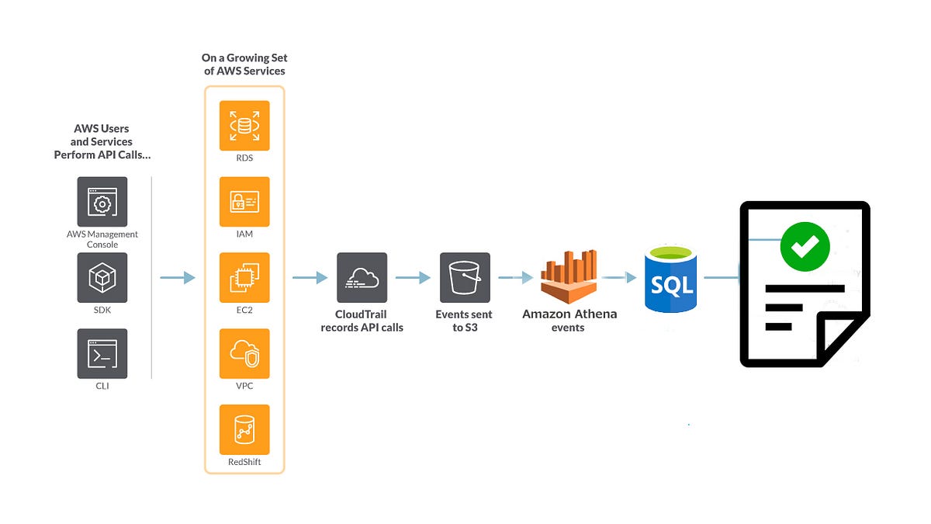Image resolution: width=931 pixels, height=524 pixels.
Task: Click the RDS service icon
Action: (244, 125)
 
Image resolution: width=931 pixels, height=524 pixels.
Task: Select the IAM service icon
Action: (244, 201)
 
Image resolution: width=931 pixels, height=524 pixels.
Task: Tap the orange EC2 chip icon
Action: (244, 277)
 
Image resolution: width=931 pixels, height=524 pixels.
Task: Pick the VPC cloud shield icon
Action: (244, 353)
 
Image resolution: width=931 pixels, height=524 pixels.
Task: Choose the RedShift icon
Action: (244, 429)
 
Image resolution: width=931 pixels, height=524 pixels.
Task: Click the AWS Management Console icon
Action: (102, 201)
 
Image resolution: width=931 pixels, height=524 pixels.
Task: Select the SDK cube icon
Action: (102, 277)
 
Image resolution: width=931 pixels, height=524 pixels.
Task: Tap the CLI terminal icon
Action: (102, 353)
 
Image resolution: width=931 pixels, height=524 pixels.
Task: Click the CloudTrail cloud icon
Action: (362, 277)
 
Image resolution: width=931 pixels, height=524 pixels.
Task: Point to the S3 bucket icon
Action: (465, 277)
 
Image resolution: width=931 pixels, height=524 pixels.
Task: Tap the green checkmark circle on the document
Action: (805, 246)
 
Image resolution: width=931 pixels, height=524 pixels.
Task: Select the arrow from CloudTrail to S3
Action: (413, 277)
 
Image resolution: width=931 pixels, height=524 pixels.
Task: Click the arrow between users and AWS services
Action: (178, 277)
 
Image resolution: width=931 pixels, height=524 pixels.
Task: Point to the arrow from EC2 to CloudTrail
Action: (310, 277)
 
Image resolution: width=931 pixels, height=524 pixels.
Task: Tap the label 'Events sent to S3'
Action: (464, 321)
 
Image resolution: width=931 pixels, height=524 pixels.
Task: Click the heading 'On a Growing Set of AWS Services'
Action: (244, 64)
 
